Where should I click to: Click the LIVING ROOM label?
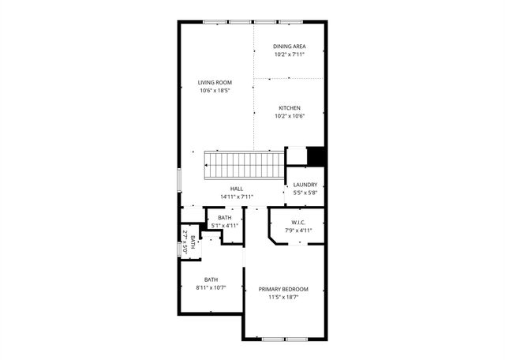click(x=214, y=82)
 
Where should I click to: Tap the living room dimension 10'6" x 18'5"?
click(x=214, y=91)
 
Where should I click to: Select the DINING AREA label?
click(x=290, y=47)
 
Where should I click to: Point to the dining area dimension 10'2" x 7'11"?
click(x=290, y=54)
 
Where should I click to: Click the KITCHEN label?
click(x=290, y=108)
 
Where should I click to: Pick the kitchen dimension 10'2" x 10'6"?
click(x=290, y=116)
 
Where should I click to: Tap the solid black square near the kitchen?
click(x=316, y=156)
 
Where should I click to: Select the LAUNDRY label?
click(x=305, y=185)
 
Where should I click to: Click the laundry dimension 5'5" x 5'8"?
click(x=305, y=193)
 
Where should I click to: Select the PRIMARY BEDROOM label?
click(x=284, y=289)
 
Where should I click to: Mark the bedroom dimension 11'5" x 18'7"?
click(x=284, y=298)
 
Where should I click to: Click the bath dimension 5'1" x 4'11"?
click(x=225, y=226)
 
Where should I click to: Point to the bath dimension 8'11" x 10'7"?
click(x=211, y=287)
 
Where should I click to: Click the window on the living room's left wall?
click(x=178, y=179)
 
